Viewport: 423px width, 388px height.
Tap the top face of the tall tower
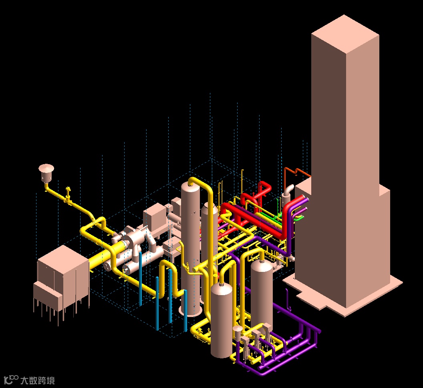[x=345, y=34]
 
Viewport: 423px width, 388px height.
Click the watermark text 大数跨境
[x=38, y=380]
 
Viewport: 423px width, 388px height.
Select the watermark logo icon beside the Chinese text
[x=11, y=379]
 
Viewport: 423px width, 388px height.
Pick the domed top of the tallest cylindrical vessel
[x=190, y=187]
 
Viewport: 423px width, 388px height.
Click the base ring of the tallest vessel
[x=190, y=312]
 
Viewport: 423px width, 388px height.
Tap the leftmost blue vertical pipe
[x=140, y=279]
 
